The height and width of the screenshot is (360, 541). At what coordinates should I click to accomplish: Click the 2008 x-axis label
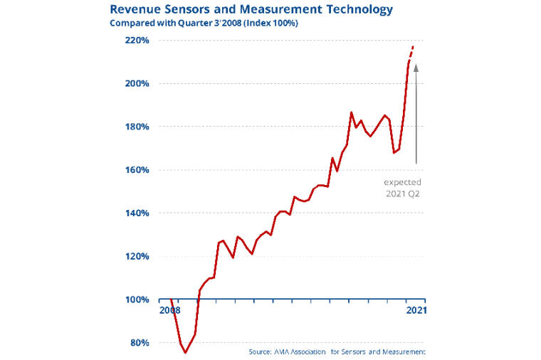click(169, 310)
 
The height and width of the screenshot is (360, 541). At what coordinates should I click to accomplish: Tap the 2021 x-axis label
click(416, 310)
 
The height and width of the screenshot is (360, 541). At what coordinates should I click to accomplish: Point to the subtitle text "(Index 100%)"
click(270, 23)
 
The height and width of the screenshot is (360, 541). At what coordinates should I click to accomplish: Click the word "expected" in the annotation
click(403, 182)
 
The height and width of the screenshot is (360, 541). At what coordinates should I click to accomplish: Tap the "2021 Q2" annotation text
click(403, 193)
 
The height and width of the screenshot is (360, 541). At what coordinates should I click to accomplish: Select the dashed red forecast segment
click(411, 53)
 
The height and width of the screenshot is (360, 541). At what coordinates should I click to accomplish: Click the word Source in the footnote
click(260, 352)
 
